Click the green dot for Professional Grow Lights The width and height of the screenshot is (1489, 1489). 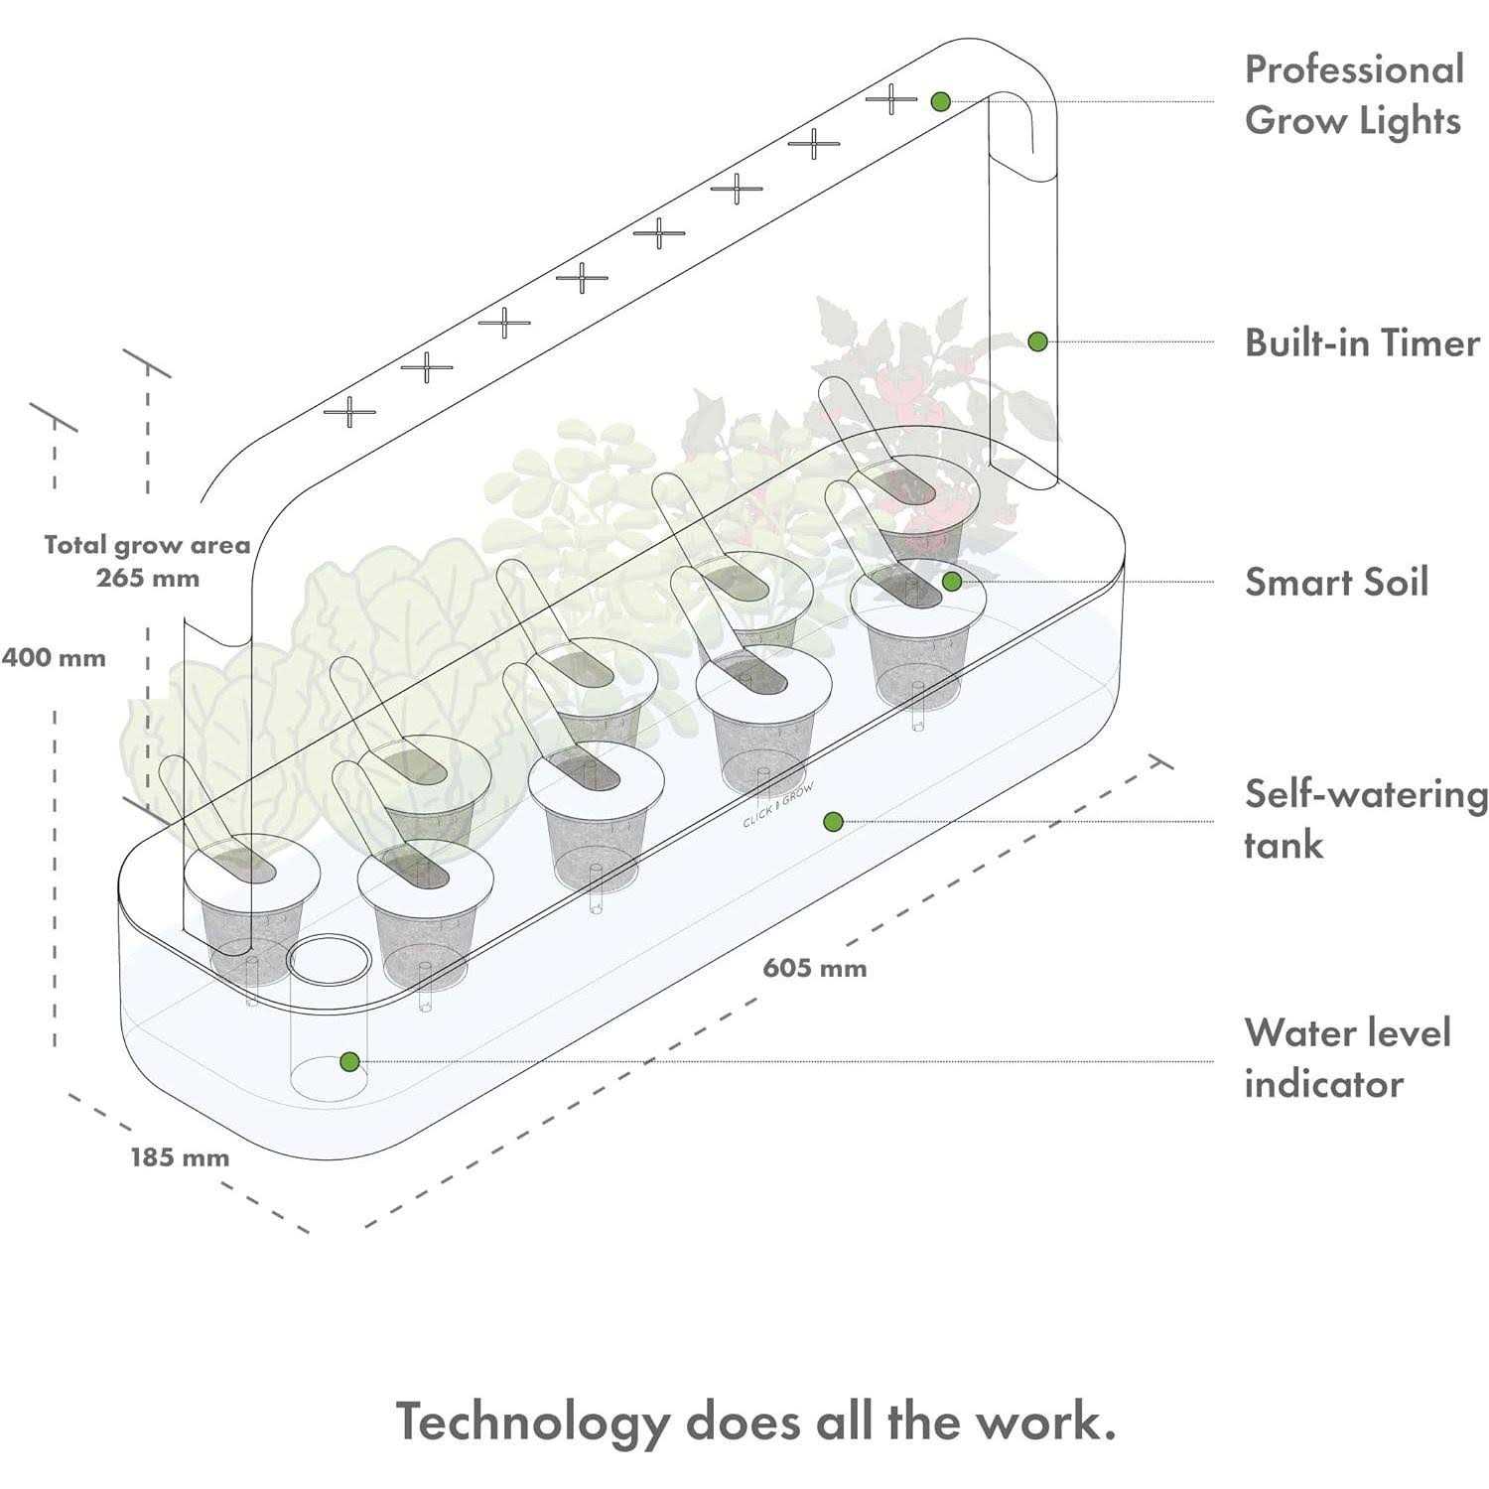[941, 101]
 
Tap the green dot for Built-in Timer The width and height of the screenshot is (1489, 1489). [1037, 341]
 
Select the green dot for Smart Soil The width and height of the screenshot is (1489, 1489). [951, 582]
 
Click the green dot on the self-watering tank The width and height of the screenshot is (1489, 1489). [834, 821]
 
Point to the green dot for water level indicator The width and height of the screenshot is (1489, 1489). [348, 1061]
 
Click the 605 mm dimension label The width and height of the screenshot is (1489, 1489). [815, 968]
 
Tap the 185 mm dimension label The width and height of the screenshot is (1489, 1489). [180, 1157]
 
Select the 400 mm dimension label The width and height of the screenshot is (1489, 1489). [54, 658]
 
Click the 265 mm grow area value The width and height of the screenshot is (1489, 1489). [148, 578]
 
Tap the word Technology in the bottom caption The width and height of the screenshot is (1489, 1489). [533, 1421]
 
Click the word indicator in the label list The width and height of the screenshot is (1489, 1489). [1324, 1084]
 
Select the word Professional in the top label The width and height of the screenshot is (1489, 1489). [1354, 70]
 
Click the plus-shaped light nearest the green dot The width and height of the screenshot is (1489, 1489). [891, 99]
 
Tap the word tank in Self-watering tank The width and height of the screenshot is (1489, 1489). [1284, 846]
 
